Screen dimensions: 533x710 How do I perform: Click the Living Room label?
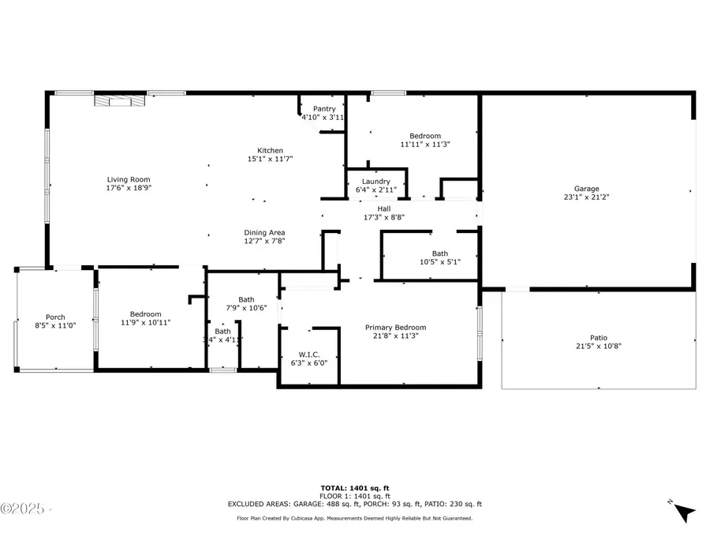click(129, 179)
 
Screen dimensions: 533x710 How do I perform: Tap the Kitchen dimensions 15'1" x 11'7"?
click(270, 160)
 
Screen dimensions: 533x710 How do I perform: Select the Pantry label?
click(324, 109)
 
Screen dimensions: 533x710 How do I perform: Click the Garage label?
click(586, 189)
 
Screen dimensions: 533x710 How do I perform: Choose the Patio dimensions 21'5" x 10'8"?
click(599, 346)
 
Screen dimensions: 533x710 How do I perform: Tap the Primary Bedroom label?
click(395, 328)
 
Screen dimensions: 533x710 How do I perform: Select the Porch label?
click(55, 317)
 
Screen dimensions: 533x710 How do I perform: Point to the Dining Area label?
click(264, 232)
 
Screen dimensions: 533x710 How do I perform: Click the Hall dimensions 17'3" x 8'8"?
click(383, 218)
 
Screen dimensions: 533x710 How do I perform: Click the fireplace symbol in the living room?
click(120, 99)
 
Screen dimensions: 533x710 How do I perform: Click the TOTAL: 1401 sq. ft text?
click(354, 488)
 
